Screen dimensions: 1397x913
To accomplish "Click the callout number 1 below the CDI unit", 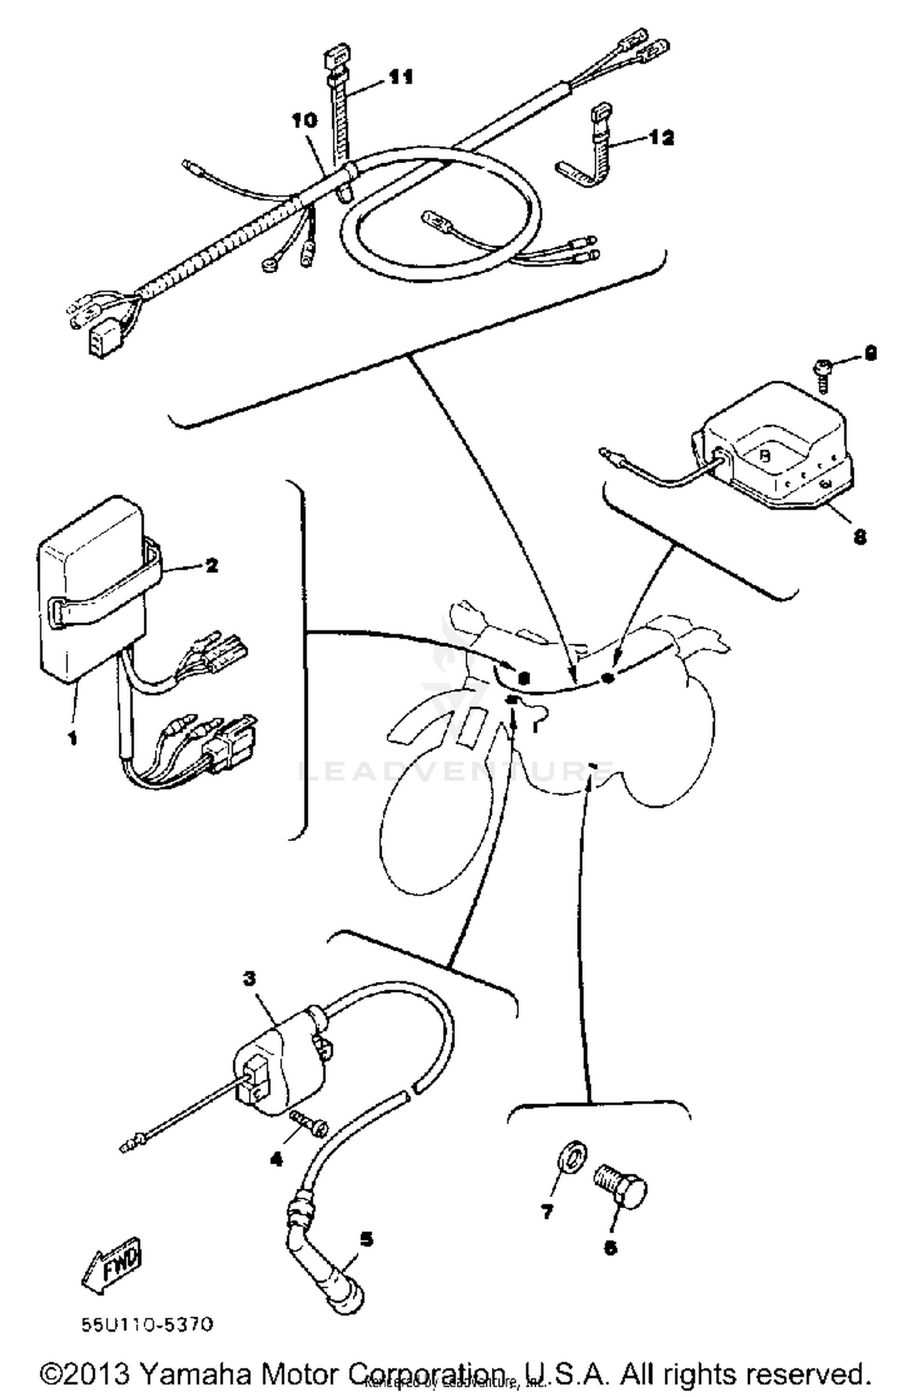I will pyautogui.click(x=72, y=739).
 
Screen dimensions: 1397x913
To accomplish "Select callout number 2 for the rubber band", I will pyautogui.click(x=211, y=565).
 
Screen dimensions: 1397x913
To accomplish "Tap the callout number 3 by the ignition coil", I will pyautogui.click(x=249, y=979).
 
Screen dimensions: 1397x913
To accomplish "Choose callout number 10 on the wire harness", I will pyautogui.click(x=304, y=121).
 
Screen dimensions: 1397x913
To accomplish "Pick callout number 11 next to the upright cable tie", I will pyautogui.click(x=401, y=77).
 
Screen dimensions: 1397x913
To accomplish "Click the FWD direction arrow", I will pyautogui.click(x=113, y=1262).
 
